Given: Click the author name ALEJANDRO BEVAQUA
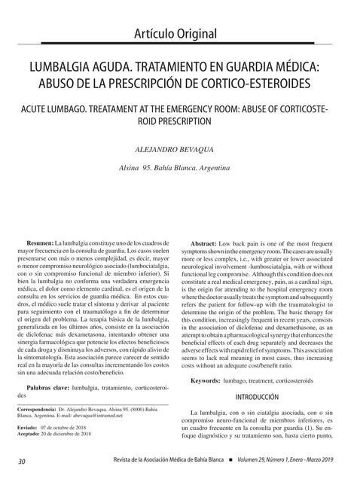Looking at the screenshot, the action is coord(180,150).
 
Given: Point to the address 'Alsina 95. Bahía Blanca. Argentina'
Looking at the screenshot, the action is coord(180,167).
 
